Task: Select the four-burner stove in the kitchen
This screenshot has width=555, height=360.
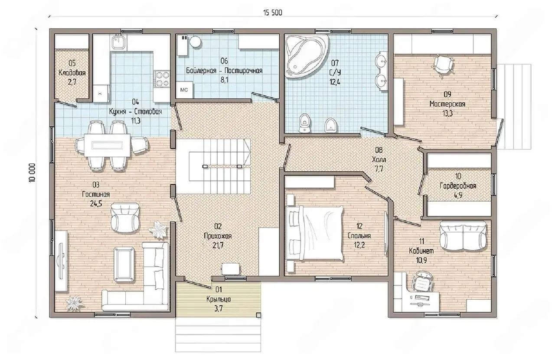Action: pos(162,79)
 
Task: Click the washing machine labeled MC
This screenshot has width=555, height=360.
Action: pos(184,90)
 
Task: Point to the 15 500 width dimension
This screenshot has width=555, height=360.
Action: pos(273,13)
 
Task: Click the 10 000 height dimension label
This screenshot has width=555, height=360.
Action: pos(32,173)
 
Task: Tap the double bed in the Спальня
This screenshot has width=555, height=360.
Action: pos(315,233)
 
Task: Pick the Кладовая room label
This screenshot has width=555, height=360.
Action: pos(72,73)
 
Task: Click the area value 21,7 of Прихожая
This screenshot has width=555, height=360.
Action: pos(218,245)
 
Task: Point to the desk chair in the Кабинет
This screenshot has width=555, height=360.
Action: pos(422,282)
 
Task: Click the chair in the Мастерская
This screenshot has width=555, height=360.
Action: pos(443,64)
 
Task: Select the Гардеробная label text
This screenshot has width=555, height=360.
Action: pos(458,186)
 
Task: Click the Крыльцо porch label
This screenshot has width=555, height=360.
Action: pos(219,299)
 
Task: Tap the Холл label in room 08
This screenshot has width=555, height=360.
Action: pos(379,160)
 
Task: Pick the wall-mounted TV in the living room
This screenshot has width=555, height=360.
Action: pos(61,261)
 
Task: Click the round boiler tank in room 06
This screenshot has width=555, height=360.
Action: pos(196,42)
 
